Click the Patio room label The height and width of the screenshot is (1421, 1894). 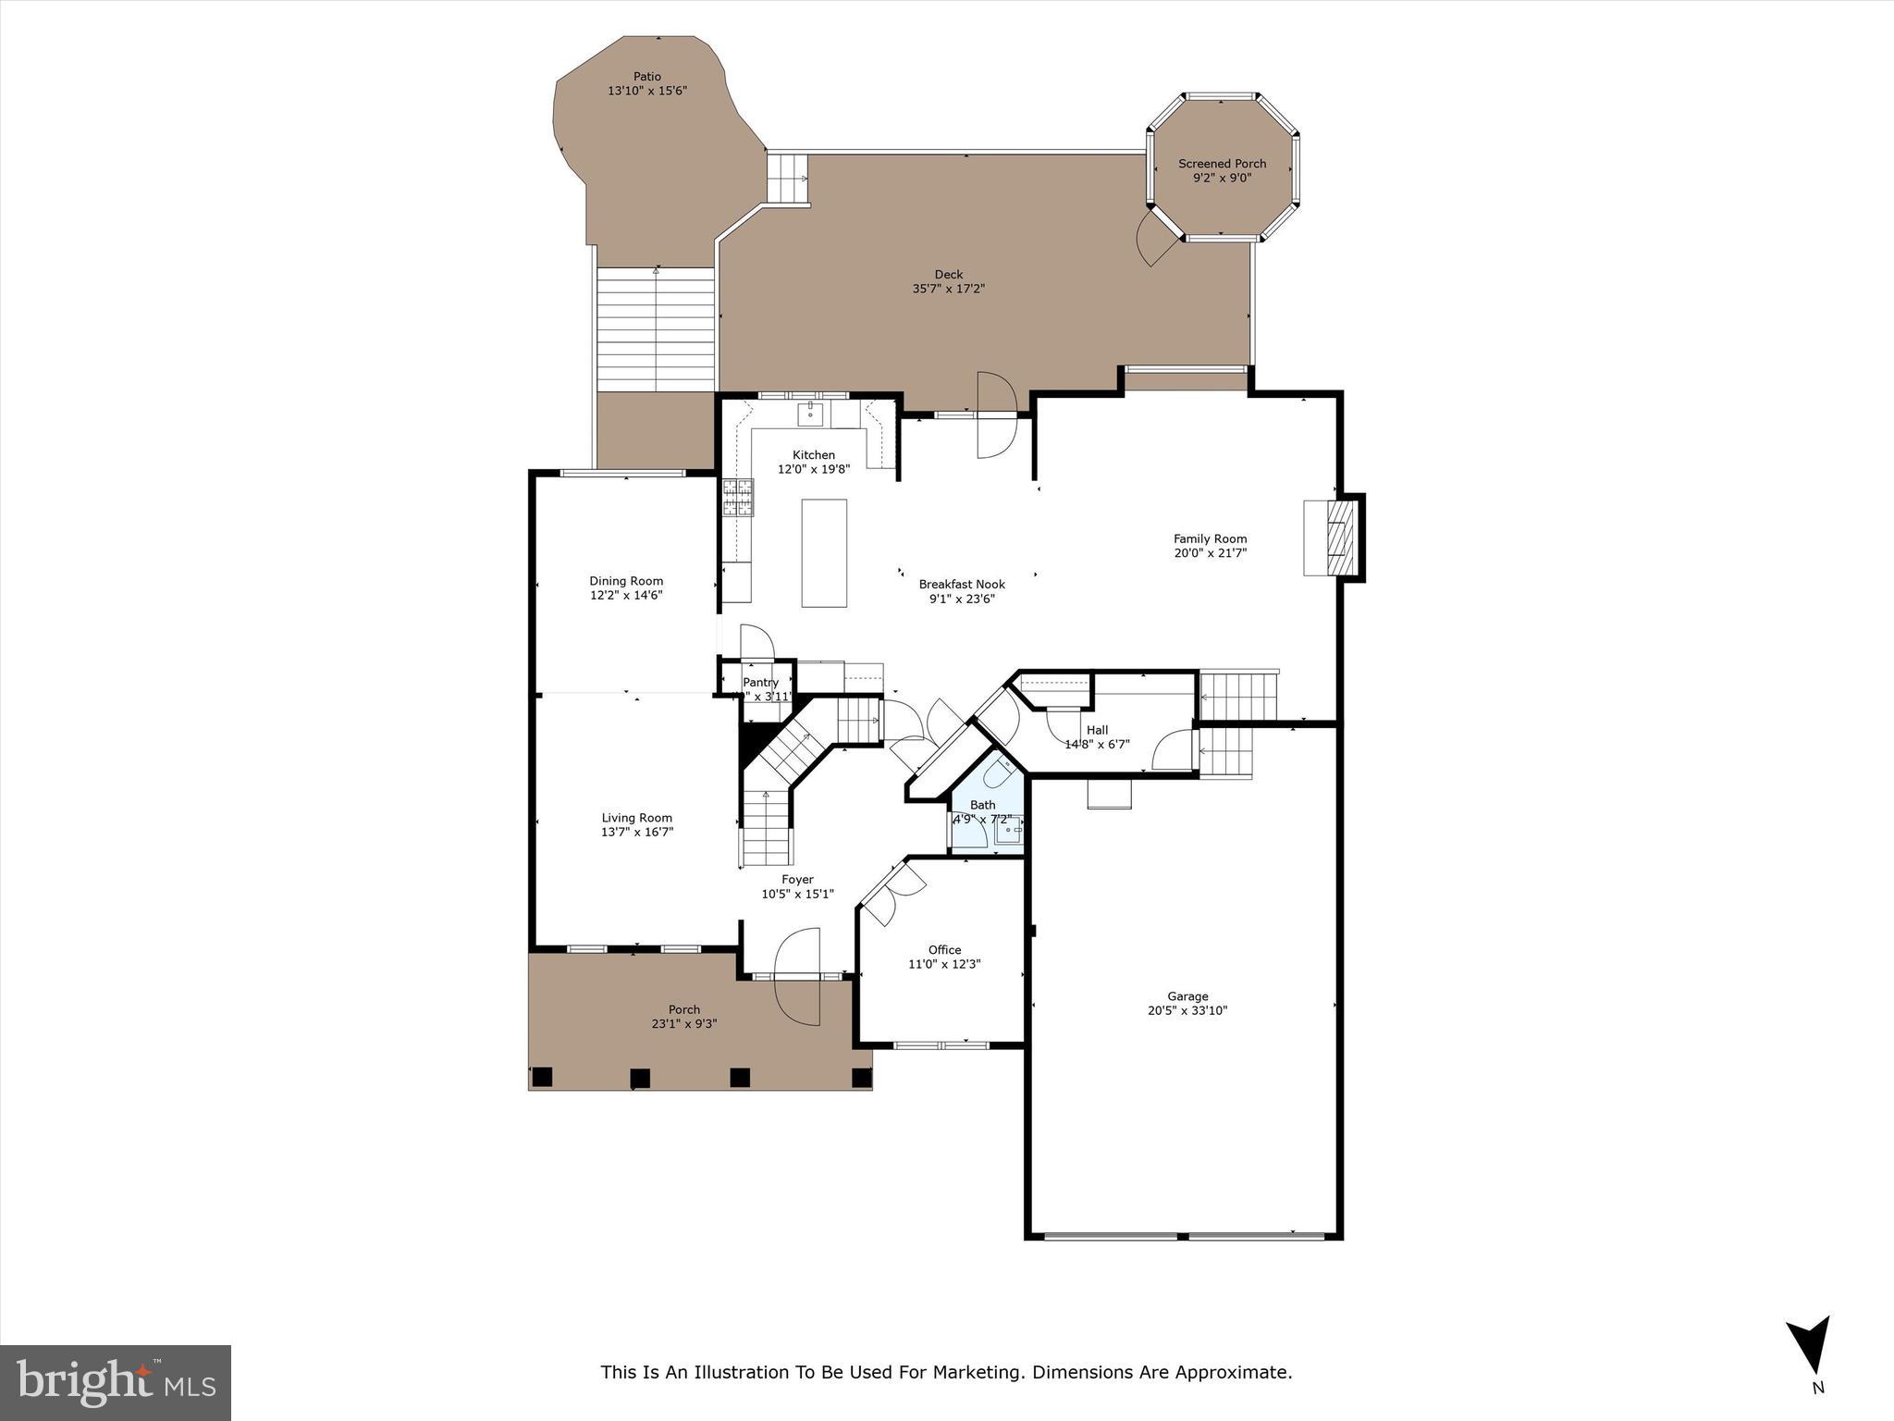[x=646, y=77]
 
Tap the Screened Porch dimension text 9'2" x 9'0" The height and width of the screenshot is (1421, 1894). [x=1222, y=178]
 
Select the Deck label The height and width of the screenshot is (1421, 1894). [x=948, y=275]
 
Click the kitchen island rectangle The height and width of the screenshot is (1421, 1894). [x=824, y=553]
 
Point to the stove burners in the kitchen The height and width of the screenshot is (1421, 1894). [x=738, y=497]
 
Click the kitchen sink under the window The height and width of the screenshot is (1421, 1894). [x=811, y=414]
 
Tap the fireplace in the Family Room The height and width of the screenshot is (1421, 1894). [x=1333, y=538]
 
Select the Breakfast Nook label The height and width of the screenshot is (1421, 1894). [x=961, y=585]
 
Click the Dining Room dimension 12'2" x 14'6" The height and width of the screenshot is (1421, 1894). [x=626, y=596]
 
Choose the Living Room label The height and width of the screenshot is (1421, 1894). [x=636, y=818]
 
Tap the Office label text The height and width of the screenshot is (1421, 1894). [x=944, y=950]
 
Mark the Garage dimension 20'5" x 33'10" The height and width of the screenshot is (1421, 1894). [x=1187, y=1011]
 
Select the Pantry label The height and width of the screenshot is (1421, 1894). [x=760, y=683]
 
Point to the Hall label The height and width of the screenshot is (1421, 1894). [x=1097, y=730]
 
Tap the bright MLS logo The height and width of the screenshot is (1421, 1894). [x=116, y=1382]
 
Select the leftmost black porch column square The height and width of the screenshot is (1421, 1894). [x=542, y=1076]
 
